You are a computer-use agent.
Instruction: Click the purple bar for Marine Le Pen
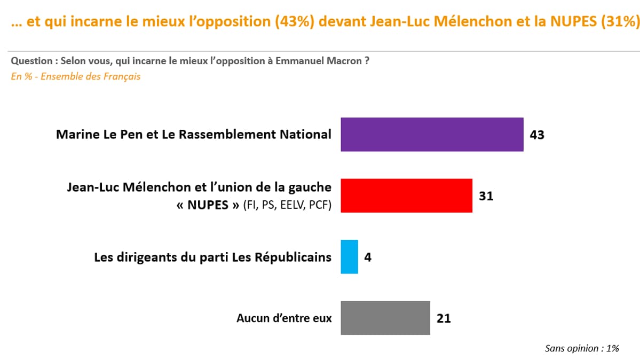[432, 135]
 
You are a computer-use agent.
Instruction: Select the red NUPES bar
[406, 195]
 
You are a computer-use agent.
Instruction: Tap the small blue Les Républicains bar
[349, 257]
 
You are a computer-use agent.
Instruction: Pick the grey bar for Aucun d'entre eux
[385, 318]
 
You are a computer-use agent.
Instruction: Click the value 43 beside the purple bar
[536, 135]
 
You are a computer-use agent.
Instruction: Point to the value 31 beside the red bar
[486, 196]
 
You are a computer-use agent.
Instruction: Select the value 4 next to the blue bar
[368, 257]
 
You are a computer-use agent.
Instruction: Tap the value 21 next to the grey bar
[444, 318]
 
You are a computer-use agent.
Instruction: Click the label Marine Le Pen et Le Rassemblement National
[194, 135]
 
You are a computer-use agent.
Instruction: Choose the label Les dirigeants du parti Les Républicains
[212, 257]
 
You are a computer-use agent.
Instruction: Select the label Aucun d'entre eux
[284, 318]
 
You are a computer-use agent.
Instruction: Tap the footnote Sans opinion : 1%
[582, 348]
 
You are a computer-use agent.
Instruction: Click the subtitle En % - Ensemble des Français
[76, 76]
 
